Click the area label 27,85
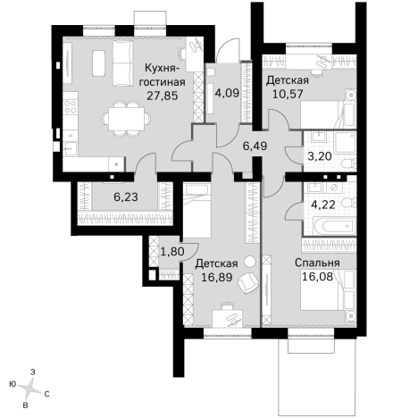[163, 96]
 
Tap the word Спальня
[317, 263]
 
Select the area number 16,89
[217, 277]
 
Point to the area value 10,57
[288, 94]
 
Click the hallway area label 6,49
[255, 146]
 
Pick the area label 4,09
[227, 93]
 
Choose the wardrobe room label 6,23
[126, 196]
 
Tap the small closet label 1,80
[172, 252]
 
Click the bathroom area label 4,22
[323, 205]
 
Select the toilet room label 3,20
[320, 156]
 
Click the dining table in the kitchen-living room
[127, 119]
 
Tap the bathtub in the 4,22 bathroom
[334, 226]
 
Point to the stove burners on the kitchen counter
[71, 106]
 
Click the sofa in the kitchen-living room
[123, 63]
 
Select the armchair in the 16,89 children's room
[248, 283]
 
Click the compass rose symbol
[29, 389]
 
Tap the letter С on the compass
[46, 394]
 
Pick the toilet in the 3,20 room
[348, 163]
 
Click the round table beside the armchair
[250, 262]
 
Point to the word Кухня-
[162, 68]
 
